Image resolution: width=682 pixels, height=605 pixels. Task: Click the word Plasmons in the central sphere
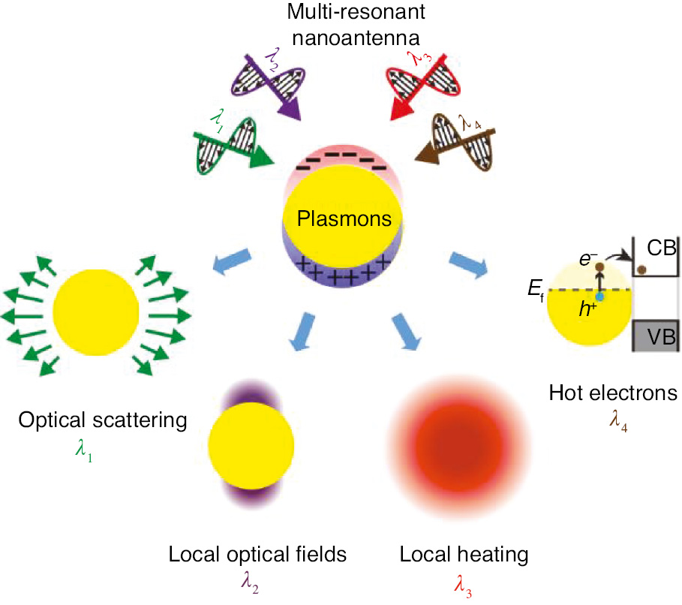(x=344, y=219)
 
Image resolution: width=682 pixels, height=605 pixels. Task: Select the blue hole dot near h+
(x=599, y=297)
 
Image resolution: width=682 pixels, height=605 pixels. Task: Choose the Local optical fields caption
(x=257, y=555)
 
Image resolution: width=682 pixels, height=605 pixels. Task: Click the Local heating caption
(x=464, y=555)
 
